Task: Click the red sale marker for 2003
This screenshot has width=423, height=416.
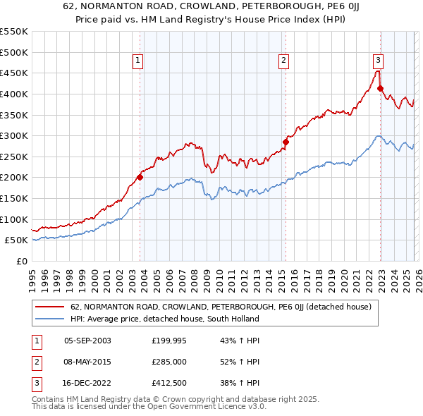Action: (x=140, y=177)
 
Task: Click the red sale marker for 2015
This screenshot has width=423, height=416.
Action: (x=286, y=142)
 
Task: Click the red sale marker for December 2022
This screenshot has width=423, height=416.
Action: (x=380, y=88)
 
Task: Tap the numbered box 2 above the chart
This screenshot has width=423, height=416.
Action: (x=283, y=61)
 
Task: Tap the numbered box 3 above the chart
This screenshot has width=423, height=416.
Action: (x=378, y=61)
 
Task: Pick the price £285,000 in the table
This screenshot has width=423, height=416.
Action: (x=169, y=362)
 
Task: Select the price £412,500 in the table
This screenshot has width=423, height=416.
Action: (x=169, y=383)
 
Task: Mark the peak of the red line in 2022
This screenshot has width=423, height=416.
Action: (x=377, y=71)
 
